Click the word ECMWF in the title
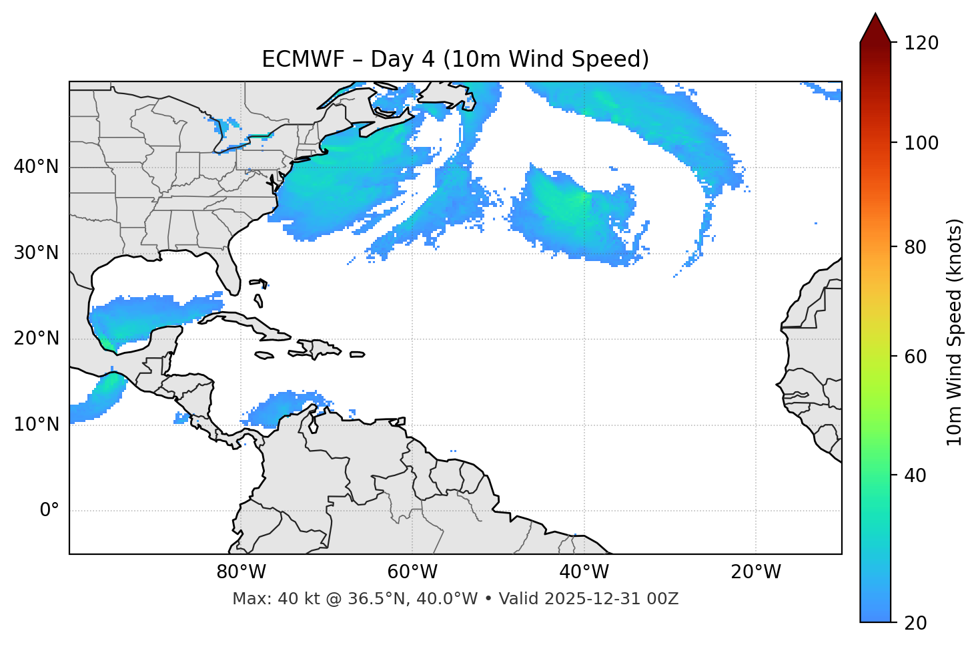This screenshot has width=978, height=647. [x=294, y=59]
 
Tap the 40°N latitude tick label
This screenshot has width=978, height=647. [x=36, y=167]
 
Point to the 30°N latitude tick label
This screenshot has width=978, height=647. [x=36, y=253]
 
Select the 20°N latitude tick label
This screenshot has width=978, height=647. [x=36, y=339]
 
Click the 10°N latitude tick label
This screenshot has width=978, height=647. [x=36, y=425]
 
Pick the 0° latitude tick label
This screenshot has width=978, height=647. [x=49, y=511]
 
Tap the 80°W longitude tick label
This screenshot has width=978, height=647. [x=241, y=572]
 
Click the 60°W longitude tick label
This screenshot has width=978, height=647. [x=412, y=572]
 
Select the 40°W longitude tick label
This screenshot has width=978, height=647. [x=584, y=572]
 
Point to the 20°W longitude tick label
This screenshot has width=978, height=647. [x=755, y=572]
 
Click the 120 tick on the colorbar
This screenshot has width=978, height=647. [x=921, y=43]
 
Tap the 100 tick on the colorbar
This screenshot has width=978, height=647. [x=921, y=143]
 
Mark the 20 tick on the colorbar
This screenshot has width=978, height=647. [x=915, y=623]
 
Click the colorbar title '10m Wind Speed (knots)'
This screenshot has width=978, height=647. [x=955, y=332]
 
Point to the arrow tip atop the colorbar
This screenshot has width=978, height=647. [x=875, y=15]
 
